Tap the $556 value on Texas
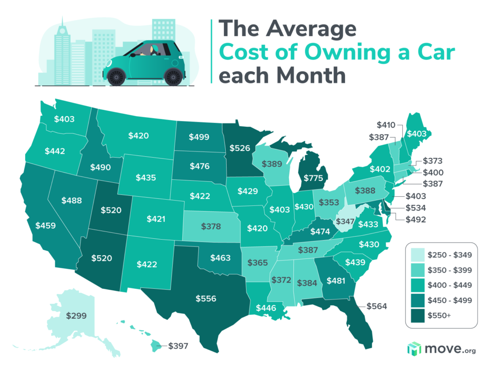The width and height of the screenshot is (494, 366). (206, 298)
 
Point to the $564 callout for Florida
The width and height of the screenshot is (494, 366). (377, 306)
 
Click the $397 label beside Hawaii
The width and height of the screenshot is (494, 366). (178, 346)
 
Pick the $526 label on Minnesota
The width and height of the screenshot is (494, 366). (240, 148)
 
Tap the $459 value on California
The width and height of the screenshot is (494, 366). (46, 225)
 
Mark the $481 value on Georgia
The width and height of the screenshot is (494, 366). (336, 280)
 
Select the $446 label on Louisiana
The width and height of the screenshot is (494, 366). (266, 308)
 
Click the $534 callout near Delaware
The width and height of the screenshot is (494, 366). (412, 208)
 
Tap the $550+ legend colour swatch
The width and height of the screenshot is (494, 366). (414, 316)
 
